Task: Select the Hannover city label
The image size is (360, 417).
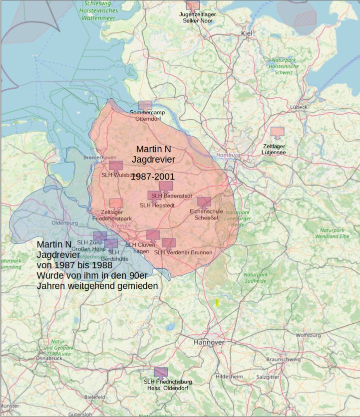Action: click(209, 343)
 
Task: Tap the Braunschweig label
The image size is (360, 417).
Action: click(283, 359)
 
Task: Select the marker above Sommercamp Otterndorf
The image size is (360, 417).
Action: click(145, 105)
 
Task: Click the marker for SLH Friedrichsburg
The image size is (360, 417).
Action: click(160, 372)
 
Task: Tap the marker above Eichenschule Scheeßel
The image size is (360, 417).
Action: click(204, 202)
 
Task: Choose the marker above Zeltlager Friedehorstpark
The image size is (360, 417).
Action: click(116, 204)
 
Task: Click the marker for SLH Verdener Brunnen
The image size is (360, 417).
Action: click(169, 243)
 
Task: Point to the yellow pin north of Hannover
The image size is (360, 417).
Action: click(217, 302)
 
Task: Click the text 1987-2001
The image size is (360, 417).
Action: click(153, 177)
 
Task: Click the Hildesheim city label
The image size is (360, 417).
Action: click(229, 377)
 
